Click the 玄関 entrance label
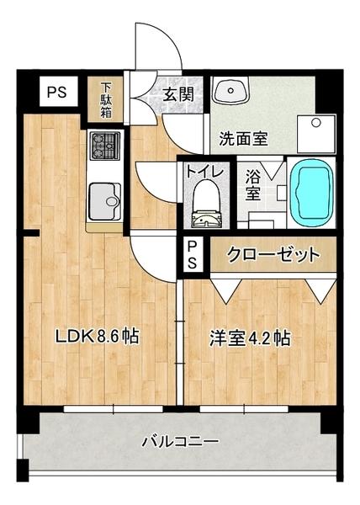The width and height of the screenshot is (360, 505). pos(178,93)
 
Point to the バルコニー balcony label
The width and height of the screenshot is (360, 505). pos(179,440)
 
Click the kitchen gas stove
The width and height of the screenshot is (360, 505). pos(105,145)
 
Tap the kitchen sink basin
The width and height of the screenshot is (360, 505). pos(105,199)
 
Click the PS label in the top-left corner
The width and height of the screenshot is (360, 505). pos(57,92)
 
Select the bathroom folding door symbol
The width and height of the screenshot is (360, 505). pos(272,168)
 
